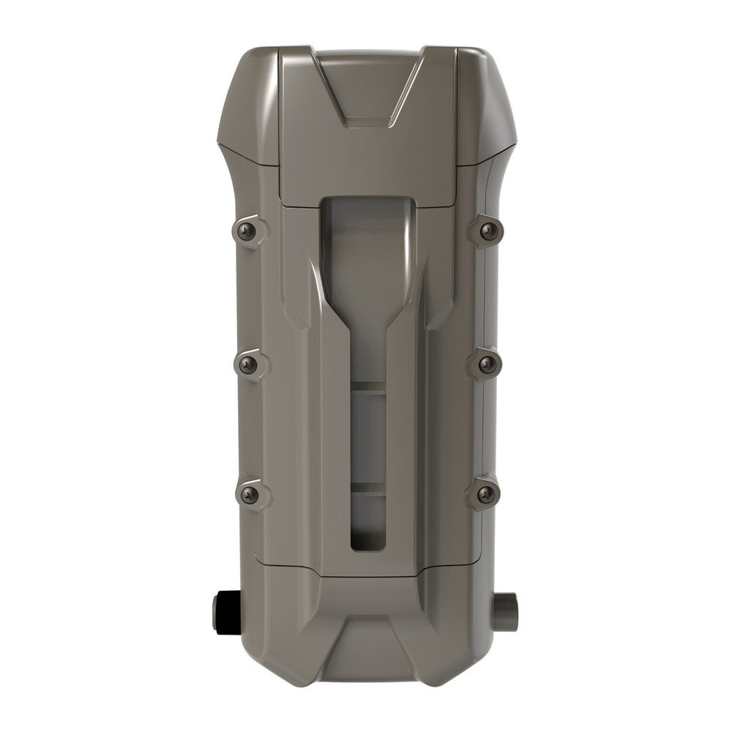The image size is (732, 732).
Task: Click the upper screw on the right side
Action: coord(488,231)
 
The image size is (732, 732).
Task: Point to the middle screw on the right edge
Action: coord(484,363)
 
